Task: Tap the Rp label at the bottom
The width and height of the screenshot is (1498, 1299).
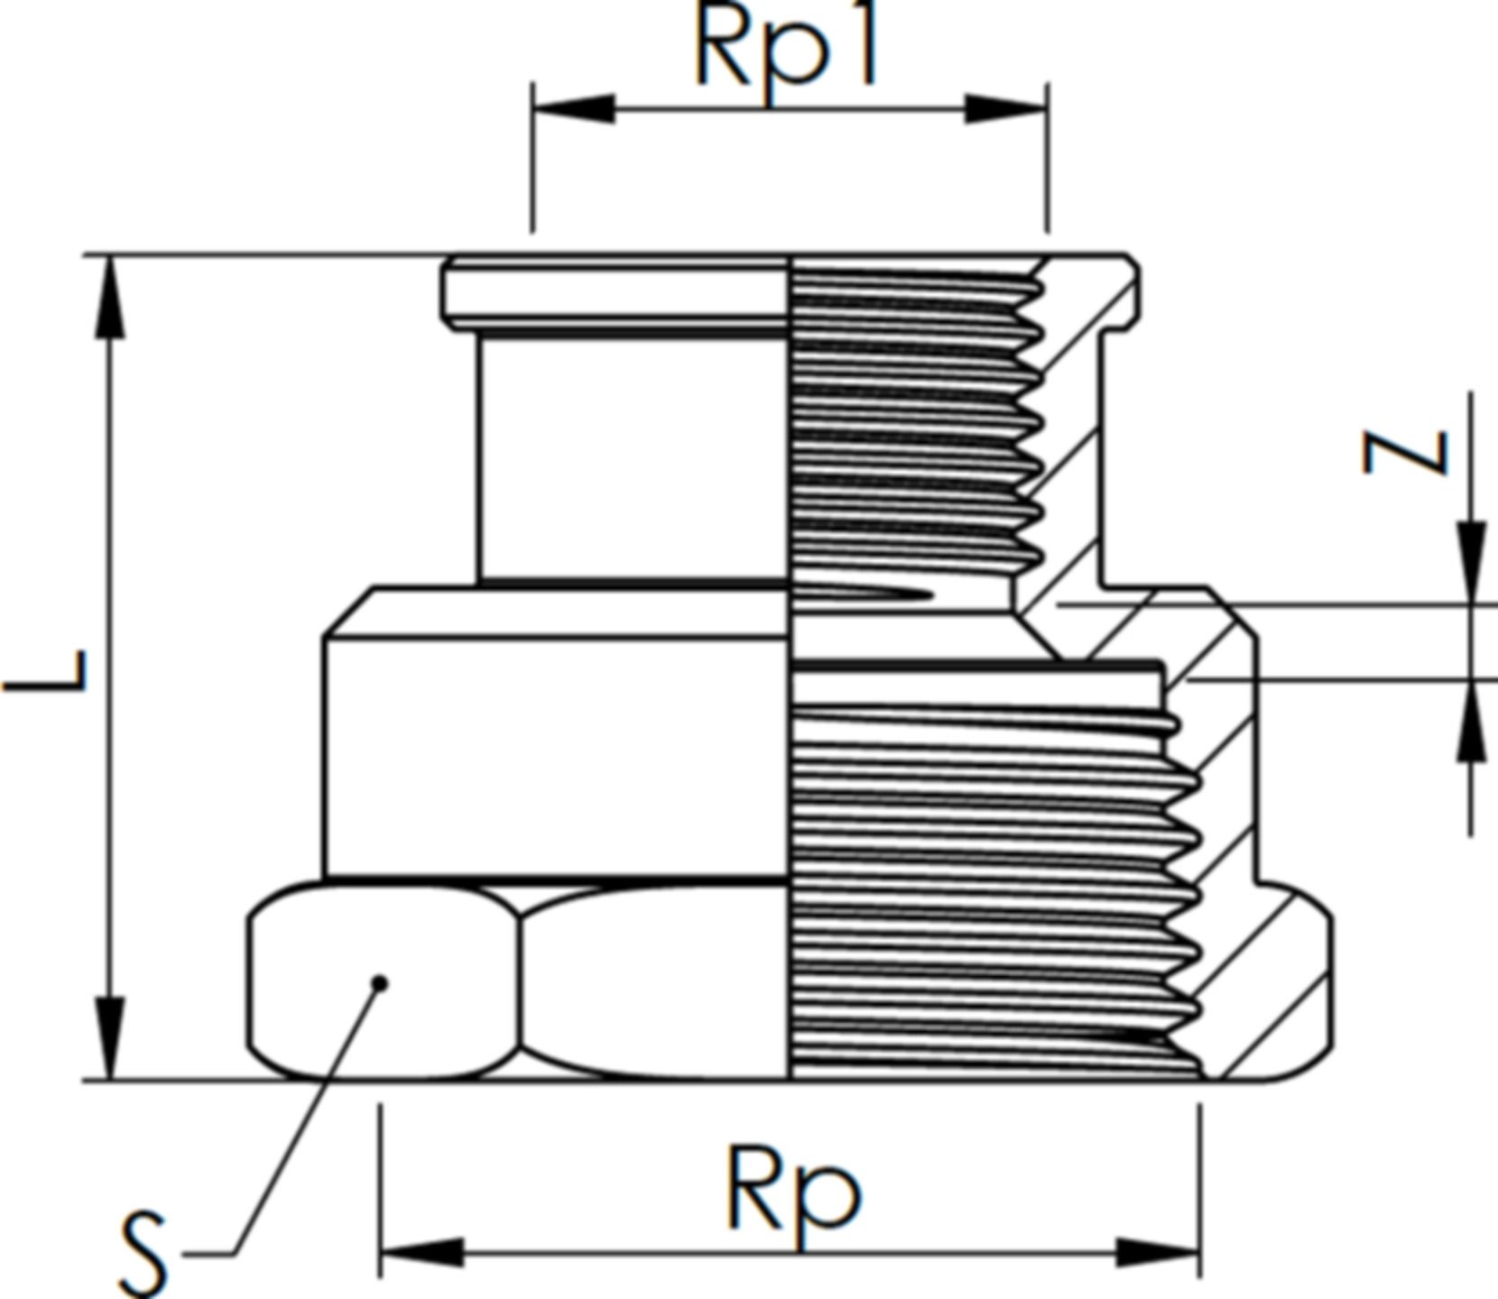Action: coord(793,1188)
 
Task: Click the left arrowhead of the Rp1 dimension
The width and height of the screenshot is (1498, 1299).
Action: coord(574,109)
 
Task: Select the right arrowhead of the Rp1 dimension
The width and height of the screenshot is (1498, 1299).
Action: coord(1006,109)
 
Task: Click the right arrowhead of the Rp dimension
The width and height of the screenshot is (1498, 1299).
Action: coord(1159,1251)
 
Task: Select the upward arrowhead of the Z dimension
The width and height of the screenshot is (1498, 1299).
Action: coord(1472,722)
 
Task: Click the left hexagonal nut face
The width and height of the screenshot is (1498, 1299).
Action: coord(384,981)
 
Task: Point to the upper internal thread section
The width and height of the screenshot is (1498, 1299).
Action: coord(917,424)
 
